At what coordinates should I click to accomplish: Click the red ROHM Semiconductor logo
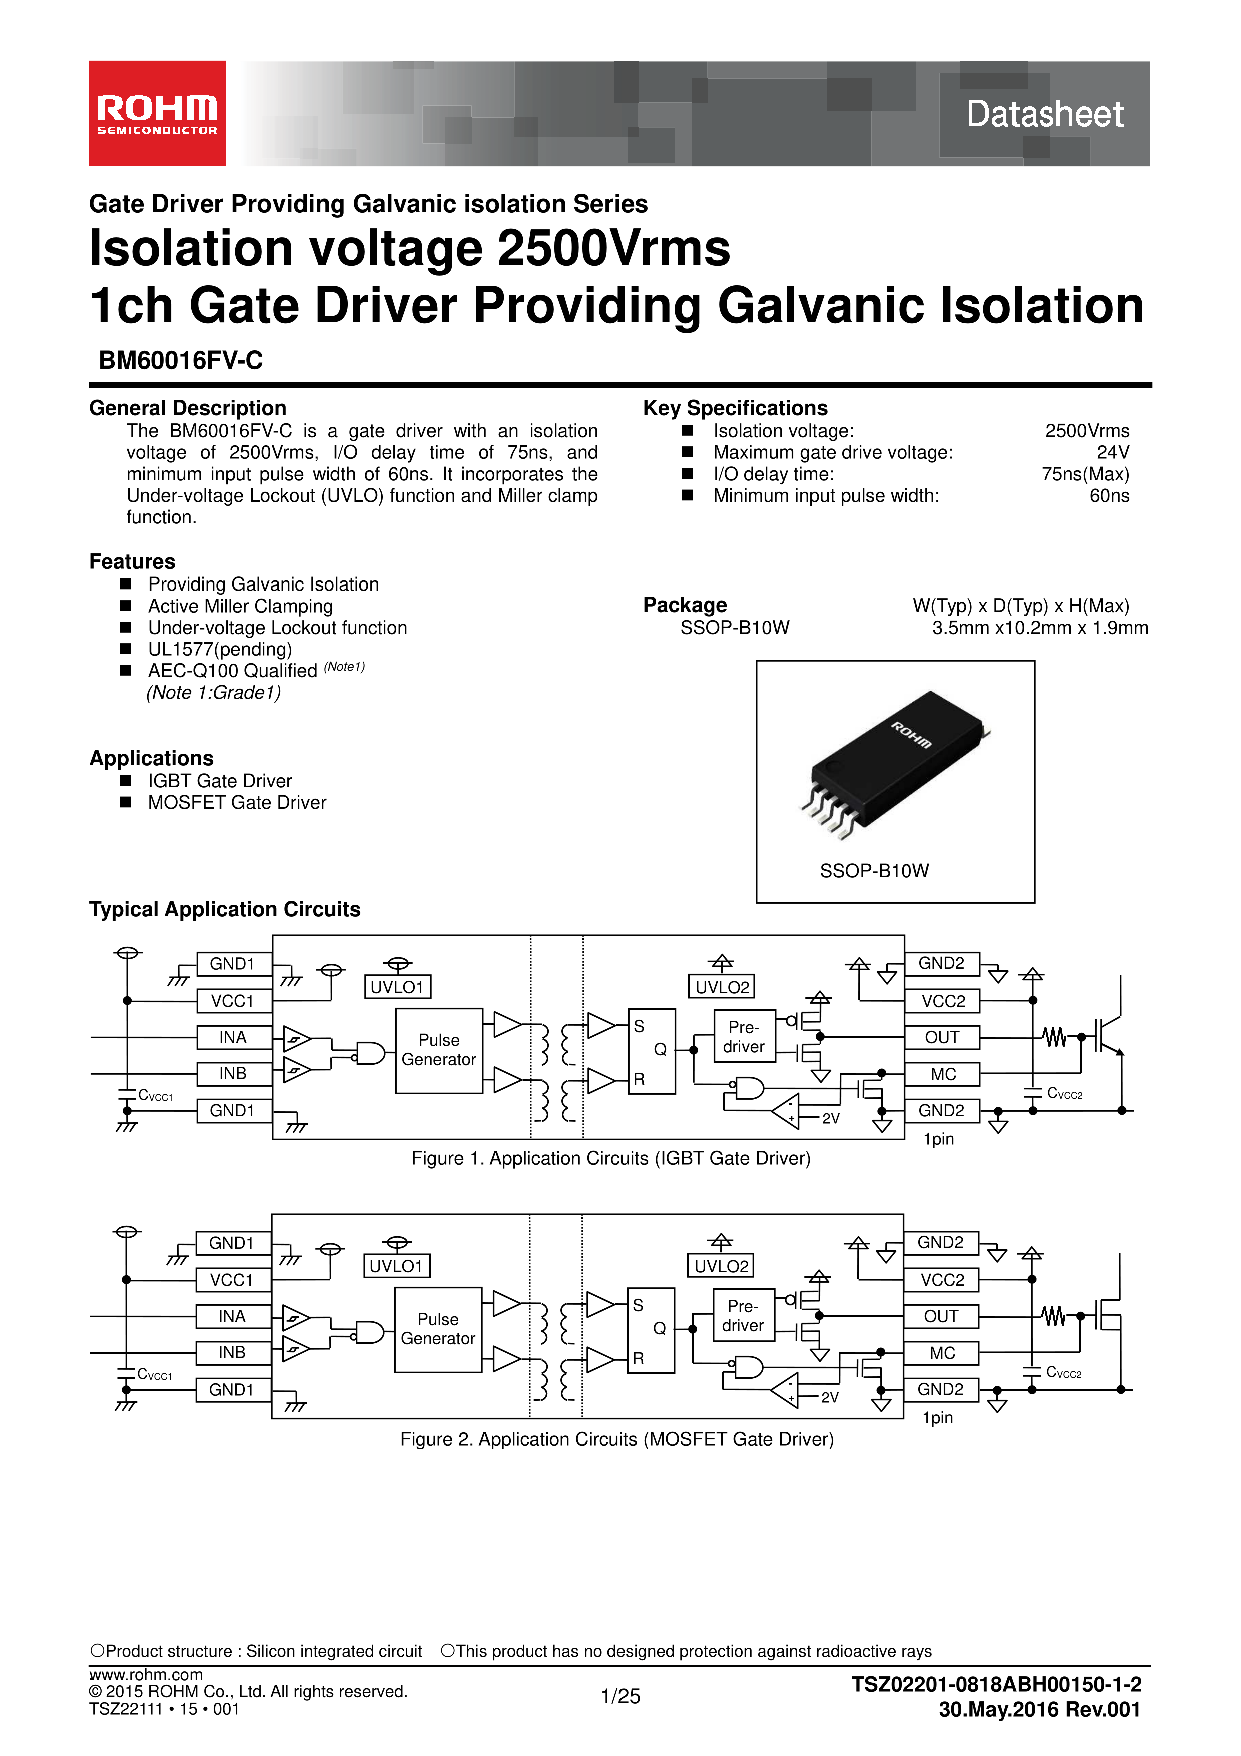point(157,113)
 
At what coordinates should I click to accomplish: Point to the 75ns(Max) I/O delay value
point(1085,474)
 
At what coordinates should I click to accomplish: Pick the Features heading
point(132,561)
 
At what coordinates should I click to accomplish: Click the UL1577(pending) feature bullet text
point(220,650)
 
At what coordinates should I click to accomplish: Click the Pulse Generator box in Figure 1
point(439,1050)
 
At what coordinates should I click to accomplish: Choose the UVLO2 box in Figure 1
point(722,987)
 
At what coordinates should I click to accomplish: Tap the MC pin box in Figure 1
point(942,1074)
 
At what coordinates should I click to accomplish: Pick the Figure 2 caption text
point(617,1439)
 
